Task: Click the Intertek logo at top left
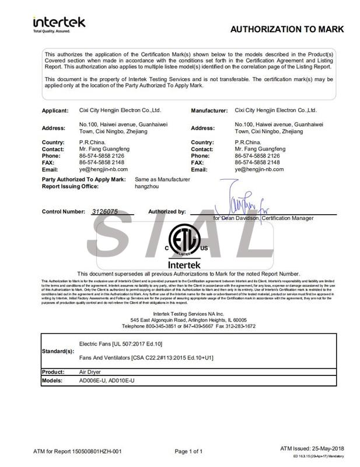(59, 23)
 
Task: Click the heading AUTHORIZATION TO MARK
(287, 29)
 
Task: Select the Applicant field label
(56, 110)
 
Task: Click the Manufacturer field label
(208, 110)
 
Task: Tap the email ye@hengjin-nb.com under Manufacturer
(259, 169)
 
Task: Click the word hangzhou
(146, 186)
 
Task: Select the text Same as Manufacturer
(162, 179)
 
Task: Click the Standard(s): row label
(58, 351)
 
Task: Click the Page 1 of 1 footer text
(188, 451)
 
